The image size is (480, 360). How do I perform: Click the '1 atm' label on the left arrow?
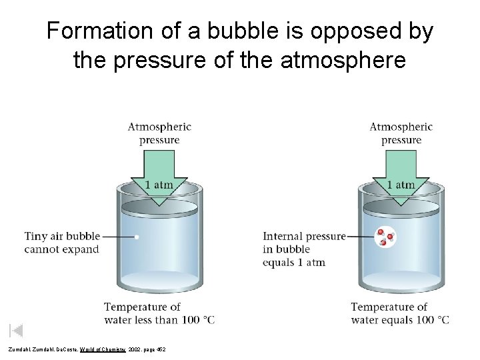(x=159, y=184)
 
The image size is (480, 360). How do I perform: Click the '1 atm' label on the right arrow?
(x=401, y=184)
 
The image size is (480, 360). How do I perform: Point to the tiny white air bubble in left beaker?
(x=137, y=237)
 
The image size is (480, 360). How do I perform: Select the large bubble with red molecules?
(x=385, y=237)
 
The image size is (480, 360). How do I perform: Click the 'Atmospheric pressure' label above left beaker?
(x=159, y=133)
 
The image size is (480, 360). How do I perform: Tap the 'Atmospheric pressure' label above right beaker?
(x=401, y=133)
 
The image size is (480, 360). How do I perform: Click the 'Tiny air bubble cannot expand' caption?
(x=62, y=243)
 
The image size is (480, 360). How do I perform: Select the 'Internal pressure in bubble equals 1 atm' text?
(x=304, y=249)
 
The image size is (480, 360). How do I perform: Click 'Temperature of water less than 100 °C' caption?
(x=159, y=313)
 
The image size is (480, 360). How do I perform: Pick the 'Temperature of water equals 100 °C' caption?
(x=400, y=313)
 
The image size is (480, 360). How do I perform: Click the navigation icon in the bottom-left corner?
(x=17, y=330)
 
